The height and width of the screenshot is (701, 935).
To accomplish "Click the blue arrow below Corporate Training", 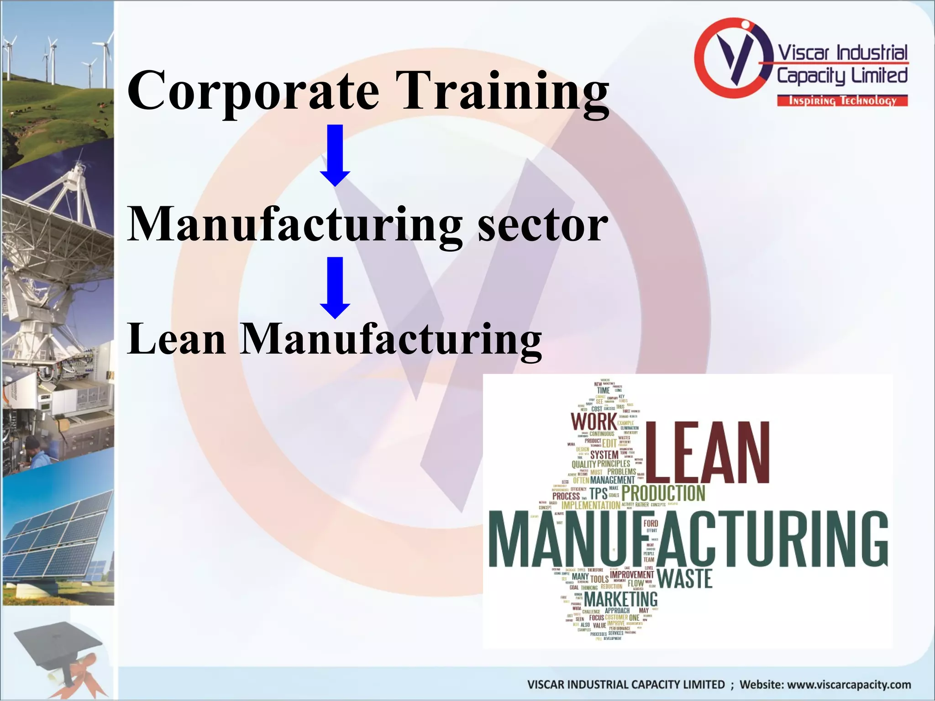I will (x=335, y=155).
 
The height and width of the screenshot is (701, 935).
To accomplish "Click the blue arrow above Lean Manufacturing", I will (x=335, y=288).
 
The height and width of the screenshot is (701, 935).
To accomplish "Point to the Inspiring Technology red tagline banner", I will (x=842, y=101).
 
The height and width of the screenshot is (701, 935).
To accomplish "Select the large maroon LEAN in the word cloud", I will (x=707, y=453).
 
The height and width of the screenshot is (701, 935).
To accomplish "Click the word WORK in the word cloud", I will (x=593, y=421).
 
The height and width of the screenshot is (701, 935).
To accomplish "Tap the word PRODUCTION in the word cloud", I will (x=663, y=493).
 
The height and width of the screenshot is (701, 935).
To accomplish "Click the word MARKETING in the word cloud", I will (x=620, y=599).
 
